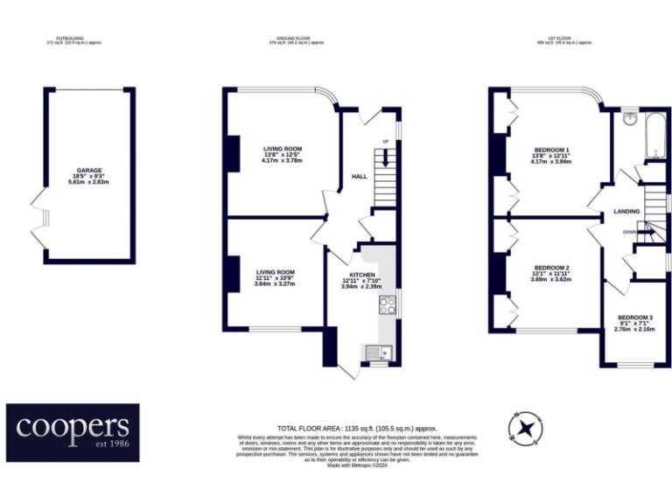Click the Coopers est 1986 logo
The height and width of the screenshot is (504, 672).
[x=73, y=432]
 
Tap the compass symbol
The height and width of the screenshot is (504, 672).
[x=526, y=428]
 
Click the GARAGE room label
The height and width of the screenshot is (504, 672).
[x=88, y=170]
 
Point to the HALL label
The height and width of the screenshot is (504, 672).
[x=359, y=177]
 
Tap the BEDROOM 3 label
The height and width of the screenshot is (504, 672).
[x=635, y=317]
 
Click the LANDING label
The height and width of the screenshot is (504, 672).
[x=626, y=212]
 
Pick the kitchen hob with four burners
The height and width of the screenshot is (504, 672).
[x=386, y=304]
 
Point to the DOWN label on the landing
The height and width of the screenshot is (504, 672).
[x=630, y=232]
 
